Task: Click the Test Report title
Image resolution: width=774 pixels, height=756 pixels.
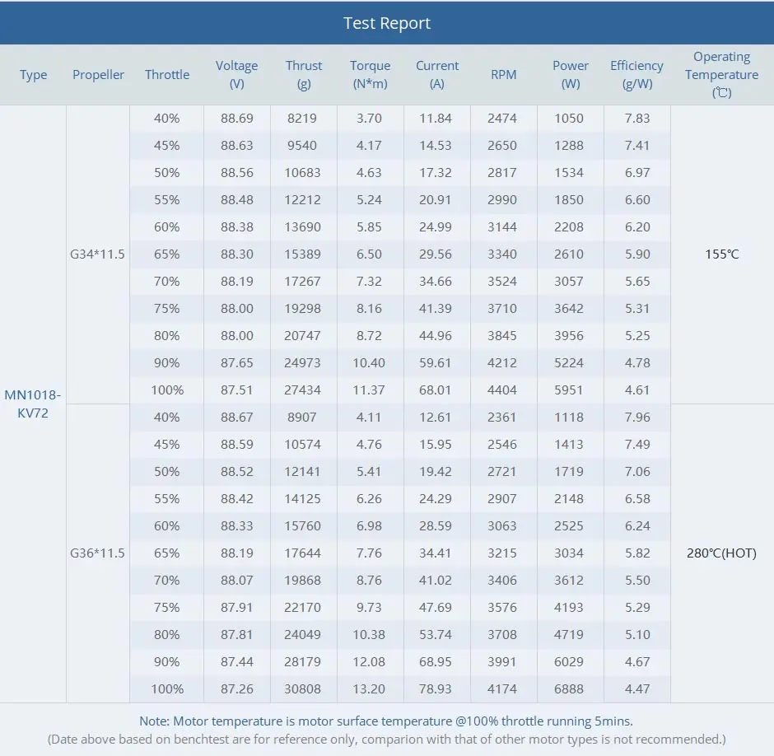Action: click(x=387, y=23)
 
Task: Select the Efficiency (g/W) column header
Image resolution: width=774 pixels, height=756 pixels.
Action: click(x=636, y=74)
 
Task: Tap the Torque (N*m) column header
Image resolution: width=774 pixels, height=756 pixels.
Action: click(x=370, y=74)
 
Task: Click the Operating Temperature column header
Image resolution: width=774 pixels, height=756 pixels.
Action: click(x=721, y=74)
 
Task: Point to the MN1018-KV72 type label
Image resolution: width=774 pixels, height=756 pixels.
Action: click(x=33, y=404)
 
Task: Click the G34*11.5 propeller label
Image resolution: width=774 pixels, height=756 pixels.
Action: click(x=98, y=254)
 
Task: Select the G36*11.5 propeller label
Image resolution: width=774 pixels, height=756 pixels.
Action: click(x=98, y=553)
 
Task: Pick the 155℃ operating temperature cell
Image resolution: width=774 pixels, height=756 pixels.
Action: click(x=721, y=254)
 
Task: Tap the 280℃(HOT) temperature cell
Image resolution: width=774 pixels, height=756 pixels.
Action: click(x=721, y=553)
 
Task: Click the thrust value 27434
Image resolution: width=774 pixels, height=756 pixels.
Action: click(x=303, y=390)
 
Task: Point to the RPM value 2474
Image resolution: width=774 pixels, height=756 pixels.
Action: click(x=502, y=118)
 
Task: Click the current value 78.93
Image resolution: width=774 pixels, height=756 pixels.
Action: click(x=436, y=688)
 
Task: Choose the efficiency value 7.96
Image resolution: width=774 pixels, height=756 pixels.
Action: click(x=637, y=417)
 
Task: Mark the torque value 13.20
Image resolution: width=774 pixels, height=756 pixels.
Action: click(x=370, y=688)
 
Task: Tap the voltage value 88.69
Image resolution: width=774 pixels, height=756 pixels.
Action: click(x=236, y=118)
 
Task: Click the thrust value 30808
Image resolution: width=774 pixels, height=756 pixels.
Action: click(x=303, y=688)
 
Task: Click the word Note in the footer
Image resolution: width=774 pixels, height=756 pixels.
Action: click(x=154, y=721)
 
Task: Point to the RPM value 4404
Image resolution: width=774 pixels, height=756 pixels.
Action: click(x=502, y=390)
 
